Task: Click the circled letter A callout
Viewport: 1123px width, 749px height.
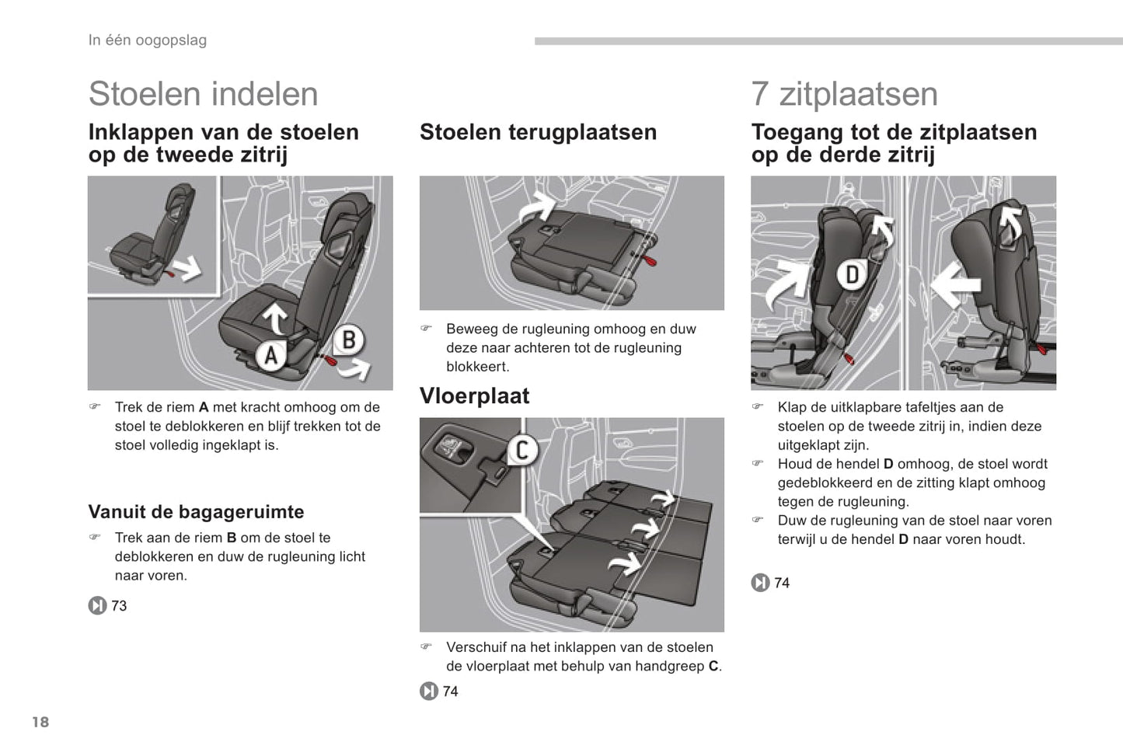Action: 270,355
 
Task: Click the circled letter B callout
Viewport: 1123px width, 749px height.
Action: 349,340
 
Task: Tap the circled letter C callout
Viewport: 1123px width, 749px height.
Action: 522,450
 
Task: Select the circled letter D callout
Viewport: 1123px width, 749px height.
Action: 852,274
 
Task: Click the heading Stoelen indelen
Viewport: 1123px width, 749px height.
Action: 203,94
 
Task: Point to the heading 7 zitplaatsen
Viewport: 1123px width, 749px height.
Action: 844,94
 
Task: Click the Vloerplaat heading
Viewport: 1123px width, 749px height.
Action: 474,396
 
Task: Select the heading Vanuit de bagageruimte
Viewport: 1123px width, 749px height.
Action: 196,512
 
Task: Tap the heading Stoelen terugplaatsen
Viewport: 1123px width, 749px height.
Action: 538,132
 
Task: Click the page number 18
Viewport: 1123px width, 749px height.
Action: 40,722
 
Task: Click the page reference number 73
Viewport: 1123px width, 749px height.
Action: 119,606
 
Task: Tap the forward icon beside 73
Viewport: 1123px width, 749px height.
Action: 97,605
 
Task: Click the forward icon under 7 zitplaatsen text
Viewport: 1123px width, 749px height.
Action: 760,583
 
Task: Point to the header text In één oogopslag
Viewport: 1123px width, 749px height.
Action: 147,40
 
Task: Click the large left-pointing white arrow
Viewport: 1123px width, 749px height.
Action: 955,283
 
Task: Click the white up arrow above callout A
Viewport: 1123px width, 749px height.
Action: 274,318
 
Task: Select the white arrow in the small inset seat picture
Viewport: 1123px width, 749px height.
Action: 186,269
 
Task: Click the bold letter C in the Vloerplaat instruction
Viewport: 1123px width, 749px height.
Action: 713,667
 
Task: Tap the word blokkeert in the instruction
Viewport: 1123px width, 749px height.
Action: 477,367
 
